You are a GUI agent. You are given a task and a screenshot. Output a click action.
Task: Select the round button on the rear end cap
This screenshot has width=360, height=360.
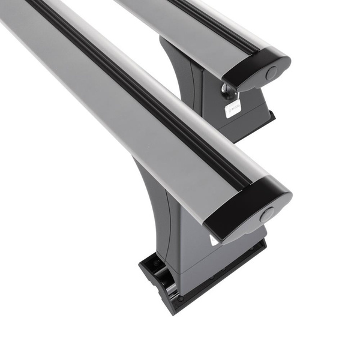(x=271, y=73)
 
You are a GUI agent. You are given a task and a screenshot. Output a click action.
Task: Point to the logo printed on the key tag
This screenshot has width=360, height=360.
(x=233, y=109)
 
